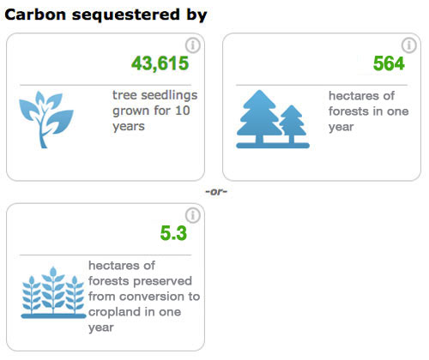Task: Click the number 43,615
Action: (160, 63)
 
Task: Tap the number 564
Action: (389, 63)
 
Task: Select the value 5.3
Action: (173, 233)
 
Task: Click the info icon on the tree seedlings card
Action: (193, 45)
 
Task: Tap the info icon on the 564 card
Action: (409, 45)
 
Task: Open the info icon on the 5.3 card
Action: (193, 215)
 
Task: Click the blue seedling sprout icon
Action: (45, 119)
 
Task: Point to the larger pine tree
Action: (259, 117)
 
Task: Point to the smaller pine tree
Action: (292, 124)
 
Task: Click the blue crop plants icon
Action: (53, 292)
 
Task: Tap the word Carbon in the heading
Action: (35, 15)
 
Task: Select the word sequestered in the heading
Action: (126, 15)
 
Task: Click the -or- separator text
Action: (216, 192)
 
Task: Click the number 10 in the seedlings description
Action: (183, 111)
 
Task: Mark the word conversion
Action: (152, 297)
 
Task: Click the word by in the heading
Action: (196, 15)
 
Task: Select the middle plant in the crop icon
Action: (53, 290)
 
